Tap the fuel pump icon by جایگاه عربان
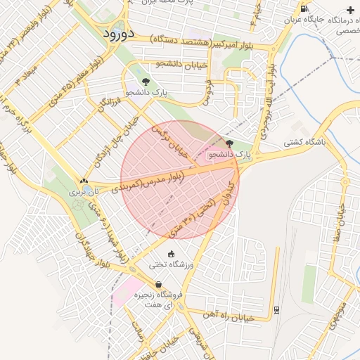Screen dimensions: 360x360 pos(303,9)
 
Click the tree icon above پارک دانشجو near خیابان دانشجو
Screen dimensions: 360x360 pos(146,82)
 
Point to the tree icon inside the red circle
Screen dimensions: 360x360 pos(229,143)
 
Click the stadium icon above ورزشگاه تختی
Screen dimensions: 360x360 pos(172,254)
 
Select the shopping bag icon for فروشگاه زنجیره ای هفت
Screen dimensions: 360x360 pos(158,284)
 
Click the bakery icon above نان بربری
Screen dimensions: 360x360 pos(84,181)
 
